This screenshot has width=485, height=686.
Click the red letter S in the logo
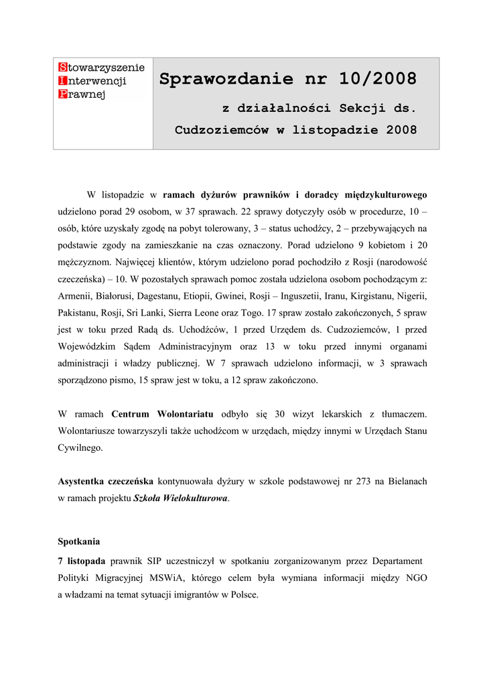click(62, 67)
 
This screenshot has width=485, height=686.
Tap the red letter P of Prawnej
click(62, 94)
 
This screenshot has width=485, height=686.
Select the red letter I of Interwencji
click(62, 80)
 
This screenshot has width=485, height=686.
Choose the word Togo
click(252, 313)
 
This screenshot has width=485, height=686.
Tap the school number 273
click(354, 482)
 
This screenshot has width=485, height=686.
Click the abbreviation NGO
click(415, 578)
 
